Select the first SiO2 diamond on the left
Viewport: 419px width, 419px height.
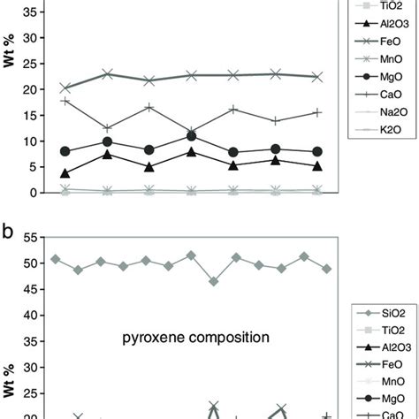(x=56, y=260)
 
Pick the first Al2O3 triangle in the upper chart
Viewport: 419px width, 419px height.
(x=65, y=173)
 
